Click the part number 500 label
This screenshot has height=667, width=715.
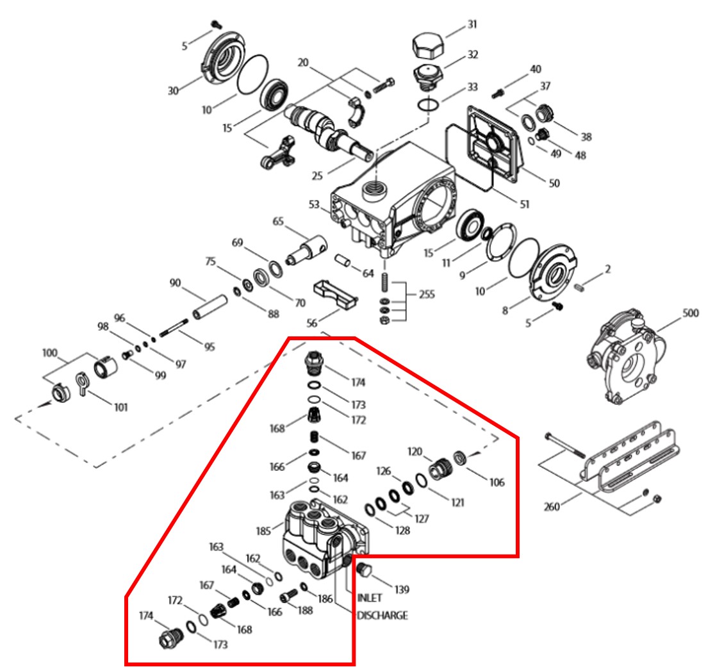coord(691,313)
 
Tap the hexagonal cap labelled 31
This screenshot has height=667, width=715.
coord(428,45)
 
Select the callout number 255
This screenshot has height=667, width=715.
coord(427,295)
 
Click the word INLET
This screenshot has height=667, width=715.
coord(370,598)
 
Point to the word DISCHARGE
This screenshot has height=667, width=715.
coord(382,616)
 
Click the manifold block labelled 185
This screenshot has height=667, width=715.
coord(325,538)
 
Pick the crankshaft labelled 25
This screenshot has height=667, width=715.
coord(328,132)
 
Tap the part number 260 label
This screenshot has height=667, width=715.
coord(552,507)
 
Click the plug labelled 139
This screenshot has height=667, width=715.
coord(364,570)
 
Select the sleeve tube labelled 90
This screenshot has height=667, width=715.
coord(210,308)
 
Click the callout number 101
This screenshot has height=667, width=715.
coord(121,407)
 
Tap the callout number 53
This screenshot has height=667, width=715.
coord(314,204)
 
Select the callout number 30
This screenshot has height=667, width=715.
coord(173,91)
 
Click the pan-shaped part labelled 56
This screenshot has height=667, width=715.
coord(335,294)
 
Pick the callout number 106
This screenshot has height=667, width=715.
coord(497,482)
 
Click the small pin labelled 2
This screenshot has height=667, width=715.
coord(580,287)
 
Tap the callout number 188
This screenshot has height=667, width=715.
coord(305,610)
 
